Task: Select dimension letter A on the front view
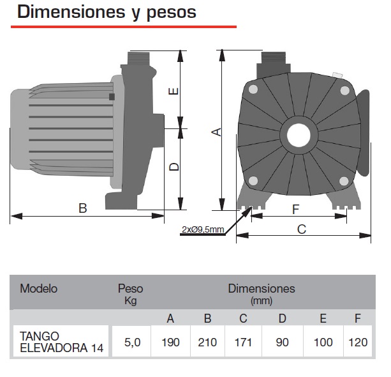216,132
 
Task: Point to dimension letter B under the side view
82,208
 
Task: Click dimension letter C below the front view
302,229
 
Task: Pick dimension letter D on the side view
173,167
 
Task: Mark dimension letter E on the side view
173,91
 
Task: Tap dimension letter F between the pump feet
295,209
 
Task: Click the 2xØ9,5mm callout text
202,229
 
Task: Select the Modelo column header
38,289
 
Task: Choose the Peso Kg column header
130,293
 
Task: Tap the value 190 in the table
170,342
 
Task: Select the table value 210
207,342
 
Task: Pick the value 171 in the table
244,342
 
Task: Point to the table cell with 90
282,342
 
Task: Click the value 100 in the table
323,342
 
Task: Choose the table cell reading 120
358,342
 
